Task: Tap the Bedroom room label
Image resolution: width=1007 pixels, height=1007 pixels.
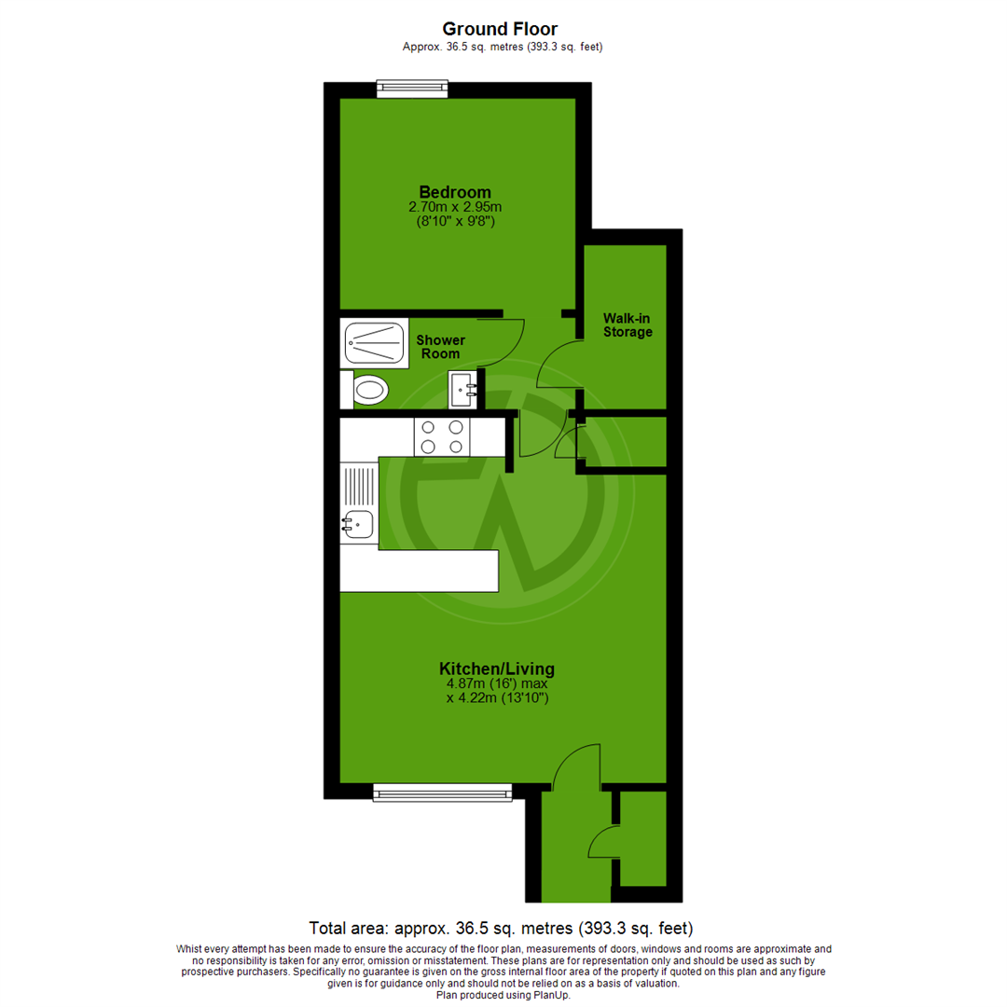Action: click(455, 192)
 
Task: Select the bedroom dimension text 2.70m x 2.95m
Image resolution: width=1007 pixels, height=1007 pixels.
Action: click(455, 207)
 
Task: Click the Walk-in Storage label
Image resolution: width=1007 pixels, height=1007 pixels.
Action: click(627, 325)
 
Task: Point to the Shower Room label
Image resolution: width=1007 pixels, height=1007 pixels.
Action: click(440, 347)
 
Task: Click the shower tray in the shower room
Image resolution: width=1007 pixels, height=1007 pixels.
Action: click(375, 344)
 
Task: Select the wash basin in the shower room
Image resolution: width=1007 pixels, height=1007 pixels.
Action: click(463, 390)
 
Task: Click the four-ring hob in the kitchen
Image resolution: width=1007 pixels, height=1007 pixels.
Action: click(443, 436)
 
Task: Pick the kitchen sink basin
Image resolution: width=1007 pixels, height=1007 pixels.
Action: click(358, 526)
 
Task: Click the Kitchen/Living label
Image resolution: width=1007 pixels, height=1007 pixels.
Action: click(497, 669)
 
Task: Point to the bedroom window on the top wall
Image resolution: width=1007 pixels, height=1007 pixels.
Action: click(412, 90)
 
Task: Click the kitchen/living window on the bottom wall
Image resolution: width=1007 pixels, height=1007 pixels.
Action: click(443, 792)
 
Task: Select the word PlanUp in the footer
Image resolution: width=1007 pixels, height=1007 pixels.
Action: click(550, 995)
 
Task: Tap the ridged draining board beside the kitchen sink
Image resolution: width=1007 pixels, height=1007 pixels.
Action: click(359, 486)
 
